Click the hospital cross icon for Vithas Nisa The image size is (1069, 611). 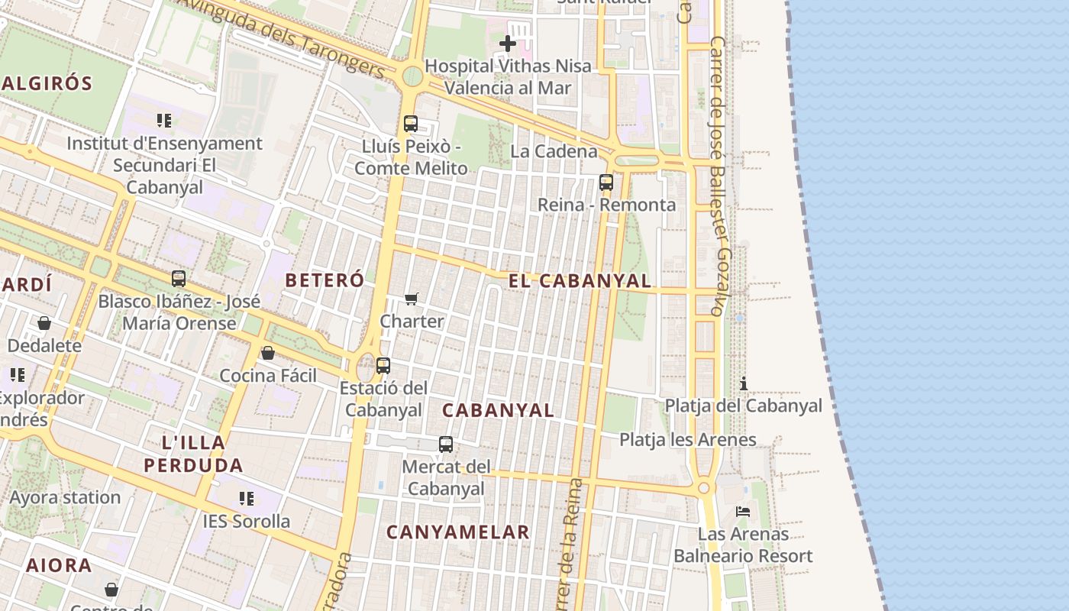(508, 44)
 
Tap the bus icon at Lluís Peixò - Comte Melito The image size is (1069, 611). (411, 123)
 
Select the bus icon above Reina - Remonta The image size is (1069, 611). (606, 183)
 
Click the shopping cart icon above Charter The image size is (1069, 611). (412, 299)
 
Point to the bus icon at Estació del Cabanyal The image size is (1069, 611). (383, 366)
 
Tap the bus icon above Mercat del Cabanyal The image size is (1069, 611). (446, 444)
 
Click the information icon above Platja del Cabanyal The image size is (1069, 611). (744, 383)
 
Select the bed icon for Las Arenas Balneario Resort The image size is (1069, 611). (743, 511)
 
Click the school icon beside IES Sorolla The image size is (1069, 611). (247, 499)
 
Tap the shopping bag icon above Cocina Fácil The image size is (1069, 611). (268, 353)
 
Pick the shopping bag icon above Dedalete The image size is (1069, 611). (44, 323)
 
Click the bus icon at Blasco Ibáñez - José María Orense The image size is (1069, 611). (179, 279)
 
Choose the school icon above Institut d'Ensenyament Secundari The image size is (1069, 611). (164, 121)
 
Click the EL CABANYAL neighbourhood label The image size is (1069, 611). (580, 281)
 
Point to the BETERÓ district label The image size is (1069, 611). (325, 280)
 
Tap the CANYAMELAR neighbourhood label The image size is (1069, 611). (458, 532)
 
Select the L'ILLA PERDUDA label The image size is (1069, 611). (193, 454)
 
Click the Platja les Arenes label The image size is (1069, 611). (687, 440)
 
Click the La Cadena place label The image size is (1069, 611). (554, 151)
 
